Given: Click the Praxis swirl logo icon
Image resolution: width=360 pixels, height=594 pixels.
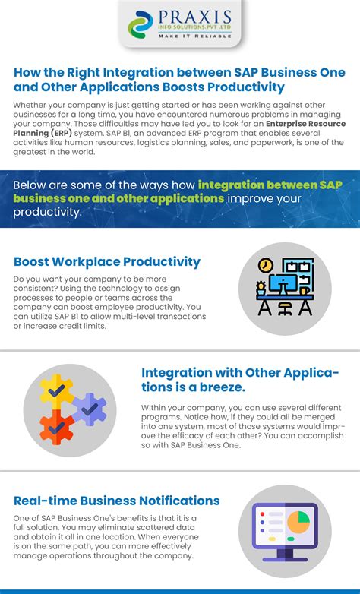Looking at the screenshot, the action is pyautogui.click(x=141, y=24).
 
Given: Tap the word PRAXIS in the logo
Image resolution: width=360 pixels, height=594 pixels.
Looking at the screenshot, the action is pyautogui.click(x=194, y=17).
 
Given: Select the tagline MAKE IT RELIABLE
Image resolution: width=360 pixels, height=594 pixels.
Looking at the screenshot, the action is pyautogui.click(x=194, y=36).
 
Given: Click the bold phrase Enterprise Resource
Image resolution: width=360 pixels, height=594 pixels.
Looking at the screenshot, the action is pyautogui.click(x=306, y=124).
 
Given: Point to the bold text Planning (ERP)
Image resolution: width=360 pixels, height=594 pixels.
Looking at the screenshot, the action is pyautogui.click(x=43, y=134).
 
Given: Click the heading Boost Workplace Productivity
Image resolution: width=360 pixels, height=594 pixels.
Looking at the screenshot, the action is pyautogui.click(x=107, y=262).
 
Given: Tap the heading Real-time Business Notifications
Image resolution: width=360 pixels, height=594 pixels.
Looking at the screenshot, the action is pyautogui.click(x=117, y=501).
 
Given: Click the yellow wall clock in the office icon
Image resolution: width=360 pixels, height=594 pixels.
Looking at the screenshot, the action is pyautogui.click(x=266, y=265).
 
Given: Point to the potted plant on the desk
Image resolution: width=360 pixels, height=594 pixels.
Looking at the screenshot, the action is pyautogui.click(x=261, y=289).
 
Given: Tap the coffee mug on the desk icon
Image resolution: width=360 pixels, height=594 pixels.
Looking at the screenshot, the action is pyautogui.click(x=305, y=291).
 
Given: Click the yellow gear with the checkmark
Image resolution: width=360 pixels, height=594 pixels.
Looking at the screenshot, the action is pyautogui.click(x=57, y=391).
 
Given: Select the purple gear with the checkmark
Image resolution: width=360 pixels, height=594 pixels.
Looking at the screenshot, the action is pyautogui.click(x=90, y=409).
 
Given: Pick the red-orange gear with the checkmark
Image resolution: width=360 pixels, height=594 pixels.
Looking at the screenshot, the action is pyautogui.click(x=57, y=428).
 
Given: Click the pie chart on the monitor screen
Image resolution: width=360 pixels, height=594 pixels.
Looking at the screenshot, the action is pyautogui.click(x=298, y=522).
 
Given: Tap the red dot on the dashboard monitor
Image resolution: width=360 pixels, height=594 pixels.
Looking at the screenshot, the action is pyautogui.click(x=262, y=514).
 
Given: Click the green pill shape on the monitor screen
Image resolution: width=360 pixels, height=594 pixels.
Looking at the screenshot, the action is pyautogui.click(x=291, y=539).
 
